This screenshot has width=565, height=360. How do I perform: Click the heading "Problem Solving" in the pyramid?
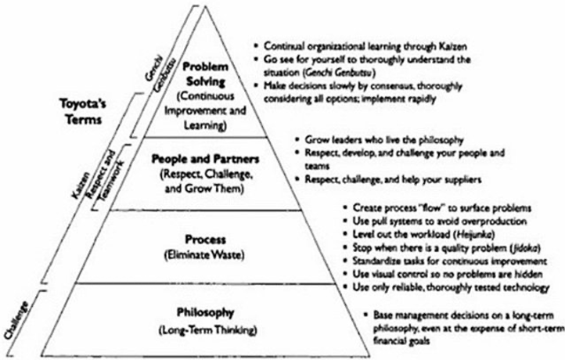click(x=205, y=74)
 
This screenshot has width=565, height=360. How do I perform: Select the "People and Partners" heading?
click(x=205, y=159)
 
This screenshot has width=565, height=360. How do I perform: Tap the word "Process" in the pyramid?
click(x=205, y=239)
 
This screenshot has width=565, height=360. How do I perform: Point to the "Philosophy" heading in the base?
click(x=205, y=312)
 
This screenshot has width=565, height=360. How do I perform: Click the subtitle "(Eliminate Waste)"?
click(x=205, y=255)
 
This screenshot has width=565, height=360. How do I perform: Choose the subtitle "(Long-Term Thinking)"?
click(x=207, y=330)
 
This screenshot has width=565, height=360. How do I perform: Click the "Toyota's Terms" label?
click(x=83, y=112)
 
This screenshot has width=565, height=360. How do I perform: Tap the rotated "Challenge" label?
click(x=16, y=320)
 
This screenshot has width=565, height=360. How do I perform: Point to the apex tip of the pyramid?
click(x=205, y=6)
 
